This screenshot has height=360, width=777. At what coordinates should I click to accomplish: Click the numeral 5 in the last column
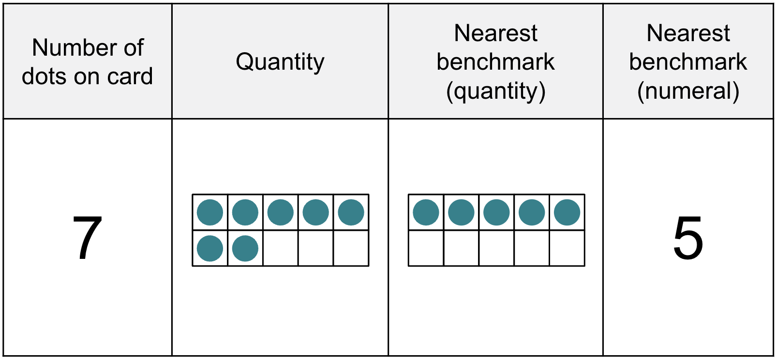(688, 238)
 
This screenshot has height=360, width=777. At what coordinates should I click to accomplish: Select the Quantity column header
(280, 62)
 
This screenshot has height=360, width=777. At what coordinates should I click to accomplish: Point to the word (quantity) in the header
(496, 91)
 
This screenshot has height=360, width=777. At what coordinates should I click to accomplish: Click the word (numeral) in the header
(688, 91)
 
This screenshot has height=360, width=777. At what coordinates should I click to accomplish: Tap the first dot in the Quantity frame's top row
(210, 212)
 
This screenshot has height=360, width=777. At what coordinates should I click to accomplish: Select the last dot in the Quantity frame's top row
(351, 212)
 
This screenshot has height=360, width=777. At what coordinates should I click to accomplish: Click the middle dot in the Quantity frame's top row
(281, 212)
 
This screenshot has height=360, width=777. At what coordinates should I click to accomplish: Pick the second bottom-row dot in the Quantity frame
(245, 248)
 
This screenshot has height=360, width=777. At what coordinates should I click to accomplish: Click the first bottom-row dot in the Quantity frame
(210, 248)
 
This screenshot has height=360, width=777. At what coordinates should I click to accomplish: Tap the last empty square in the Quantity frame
(351, 248)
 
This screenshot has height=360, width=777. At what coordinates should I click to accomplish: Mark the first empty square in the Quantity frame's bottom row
(281, 248)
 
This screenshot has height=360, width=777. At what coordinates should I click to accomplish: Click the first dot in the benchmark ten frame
(426, 212)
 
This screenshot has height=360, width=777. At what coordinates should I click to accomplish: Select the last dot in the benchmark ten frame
(567, 212)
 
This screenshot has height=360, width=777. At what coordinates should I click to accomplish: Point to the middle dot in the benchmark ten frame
(496, 212)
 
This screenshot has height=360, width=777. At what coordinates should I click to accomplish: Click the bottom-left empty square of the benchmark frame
(426, 248)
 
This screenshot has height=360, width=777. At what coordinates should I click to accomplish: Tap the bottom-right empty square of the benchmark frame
(567, 248)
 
